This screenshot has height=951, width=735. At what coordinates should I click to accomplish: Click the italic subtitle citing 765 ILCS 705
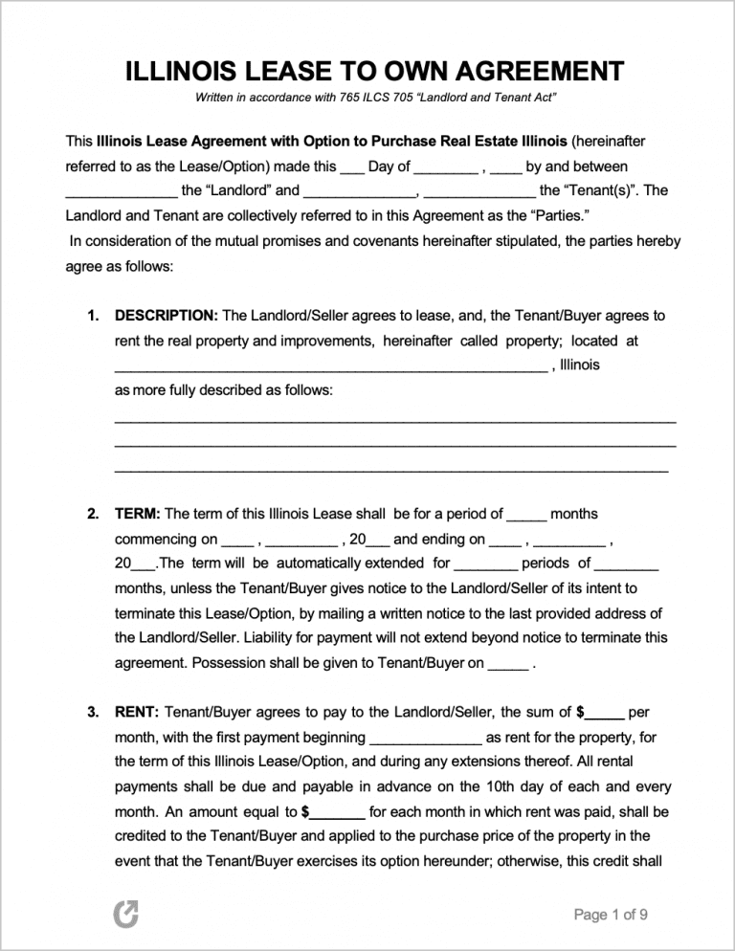pos(376,99)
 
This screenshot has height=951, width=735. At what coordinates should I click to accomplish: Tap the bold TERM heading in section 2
pos(138,514)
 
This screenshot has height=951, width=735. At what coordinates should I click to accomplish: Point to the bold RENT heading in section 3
pos(138,712)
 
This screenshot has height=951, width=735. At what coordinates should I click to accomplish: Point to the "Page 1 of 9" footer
pos(611,915)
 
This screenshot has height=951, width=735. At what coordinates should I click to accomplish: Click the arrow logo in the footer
pos(125,916)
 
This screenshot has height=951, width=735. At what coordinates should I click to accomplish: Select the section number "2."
pos(93,514)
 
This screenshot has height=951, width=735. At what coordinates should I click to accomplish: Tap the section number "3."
pos(93,712)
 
